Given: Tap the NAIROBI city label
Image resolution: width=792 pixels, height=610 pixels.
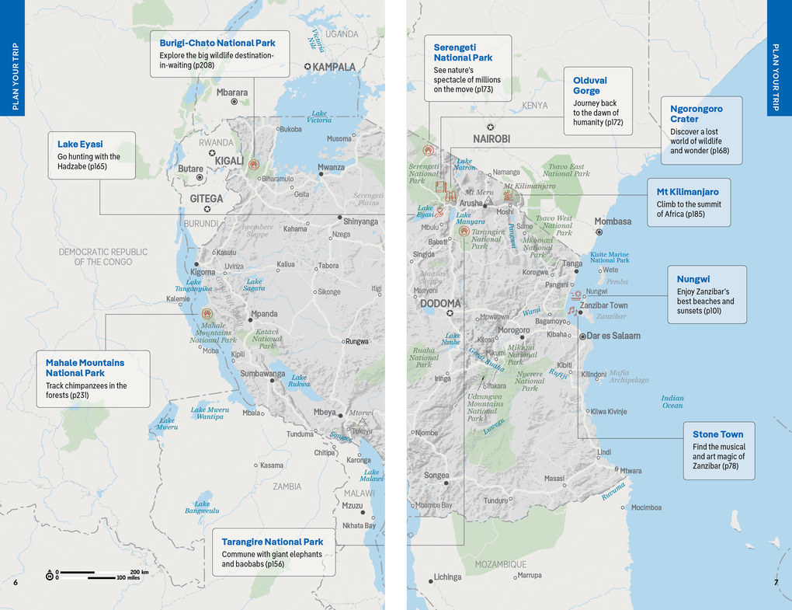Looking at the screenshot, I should point(492,139).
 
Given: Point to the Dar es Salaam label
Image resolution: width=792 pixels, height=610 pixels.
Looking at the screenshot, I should point(613,336).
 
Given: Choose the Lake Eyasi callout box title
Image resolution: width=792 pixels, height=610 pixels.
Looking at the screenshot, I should point(80,144).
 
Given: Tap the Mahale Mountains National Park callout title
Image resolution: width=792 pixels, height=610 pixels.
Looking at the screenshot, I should point(85,368).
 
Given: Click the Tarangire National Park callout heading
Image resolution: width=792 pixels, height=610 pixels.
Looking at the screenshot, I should point(273,542).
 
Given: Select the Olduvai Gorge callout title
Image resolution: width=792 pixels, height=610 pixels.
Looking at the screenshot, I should point(590,85).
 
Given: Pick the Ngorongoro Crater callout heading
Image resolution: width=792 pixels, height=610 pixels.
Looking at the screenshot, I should point(696,114).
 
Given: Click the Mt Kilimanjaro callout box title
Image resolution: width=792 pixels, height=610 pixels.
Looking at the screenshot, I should point(688,191).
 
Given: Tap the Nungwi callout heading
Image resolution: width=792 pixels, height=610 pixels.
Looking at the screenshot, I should point(693,279).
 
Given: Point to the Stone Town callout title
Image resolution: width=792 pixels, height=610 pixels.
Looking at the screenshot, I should point(717,434).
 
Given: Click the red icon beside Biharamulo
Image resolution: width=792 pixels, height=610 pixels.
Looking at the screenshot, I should point(253,165).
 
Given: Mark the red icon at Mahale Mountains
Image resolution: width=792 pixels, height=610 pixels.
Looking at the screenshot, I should point(207,314).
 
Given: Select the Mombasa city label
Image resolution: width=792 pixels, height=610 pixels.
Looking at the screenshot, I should point(613,221).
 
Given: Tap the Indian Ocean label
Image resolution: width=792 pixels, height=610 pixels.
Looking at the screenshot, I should point(672,402).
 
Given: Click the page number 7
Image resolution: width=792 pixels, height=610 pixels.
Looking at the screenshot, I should point(775,583).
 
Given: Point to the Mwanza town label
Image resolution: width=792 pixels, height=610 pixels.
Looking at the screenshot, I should point(332,167).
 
